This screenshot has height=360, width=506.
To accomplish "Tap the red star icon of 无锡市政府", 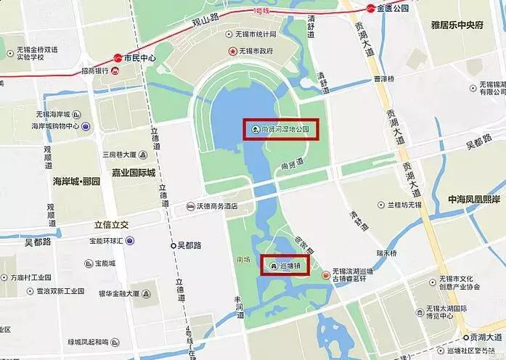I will pos(233,52).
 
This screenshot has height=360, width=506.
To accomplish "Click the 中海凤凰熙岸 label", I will pos(473,198).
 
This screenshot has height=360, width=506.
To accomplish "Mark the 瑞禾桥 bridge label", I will pos(387,253).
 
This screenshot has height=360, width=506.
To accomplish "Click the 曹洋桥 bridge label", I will pos(383,79).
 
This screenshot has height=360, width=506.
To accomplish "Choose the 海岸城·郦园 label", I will pos(76,180).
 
